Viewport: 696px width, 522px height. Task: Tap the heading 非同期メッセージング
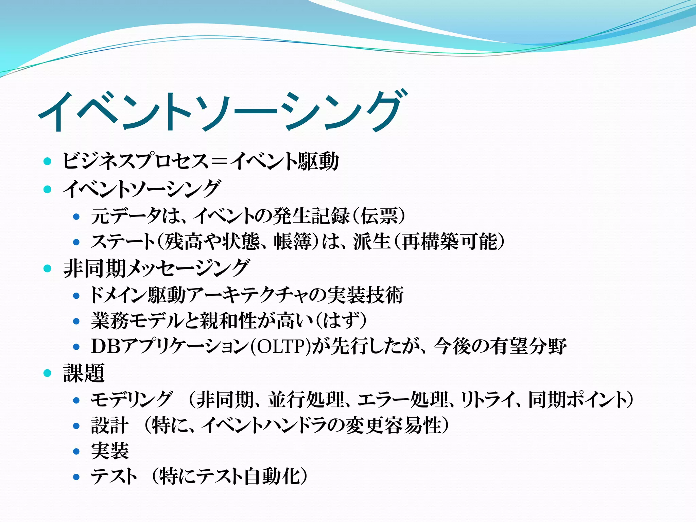tap(156, 268)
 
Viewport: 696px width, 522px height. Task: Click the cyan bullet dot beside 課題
tap(48, 373)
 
